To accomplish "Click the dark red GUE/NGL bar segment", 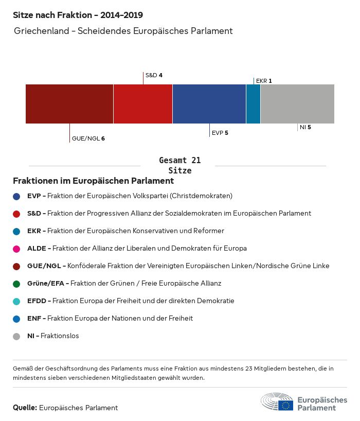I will click(69, 104).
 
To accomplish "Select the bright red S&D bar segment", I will click(143, 104).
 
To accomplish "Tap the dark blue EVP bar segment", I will click(209, 104).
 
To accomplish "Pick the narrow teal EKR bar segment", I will click(253, 104).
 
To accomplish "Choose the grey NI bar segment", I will click(297, 104).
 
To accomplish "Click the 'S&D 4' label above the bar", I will click(154, 75).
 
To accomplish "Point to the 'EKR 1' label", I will click(264, 81).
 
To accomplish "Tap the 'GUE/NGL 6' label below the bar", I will click(88, 138).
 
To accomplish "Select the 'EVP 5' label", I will click(220, 133).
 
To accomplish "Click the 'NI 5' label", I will click(305, 127).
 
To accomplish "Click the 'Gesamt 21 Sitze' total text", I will click(180, 165).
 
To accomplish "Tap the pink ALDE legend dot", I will click(17, 249).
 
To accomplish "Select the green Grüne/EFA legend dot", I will click(17, 284).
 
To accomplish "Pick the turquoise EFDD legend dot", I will click(17, 301).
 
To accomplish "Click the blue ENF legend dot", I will click(17, 319).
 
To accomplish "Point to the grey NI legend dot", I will click(17, 336).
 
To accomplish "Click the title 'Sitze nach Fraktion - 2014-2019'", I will click(78, 15).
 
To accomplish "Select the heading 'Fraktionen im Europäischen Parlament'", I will click(93, 181).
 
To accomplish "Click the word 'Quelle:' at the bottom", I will click(25, 408).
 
